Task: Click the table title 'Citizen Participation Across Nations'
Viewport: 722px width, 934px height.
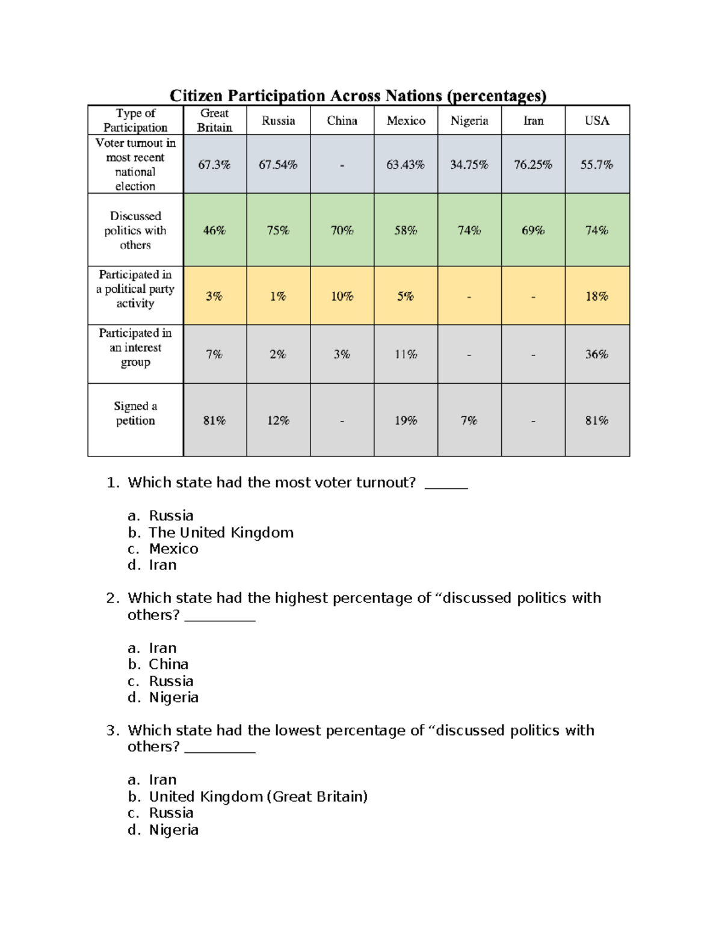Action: pos(357,96)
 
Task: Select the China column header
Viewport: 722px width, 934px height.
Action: pos(342,120)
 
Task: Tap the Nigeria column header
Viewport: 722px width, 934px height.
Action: pos(469,120)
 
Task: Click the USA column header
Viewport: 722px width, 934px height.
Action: pos(597,120)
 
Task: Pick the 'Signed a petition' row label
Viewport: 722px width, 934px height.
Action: pos(135,413)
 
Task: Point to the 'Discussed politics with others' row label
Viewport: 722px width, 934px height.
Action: pos(135,230)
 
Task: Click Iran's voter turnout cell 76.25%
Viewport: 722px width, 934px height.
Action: pos(532,164)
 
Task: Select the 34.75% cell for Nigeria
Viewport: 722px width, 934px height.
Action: pos(469,164)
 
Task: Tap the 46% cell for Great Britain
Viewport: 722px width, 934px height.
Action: pos(214,230)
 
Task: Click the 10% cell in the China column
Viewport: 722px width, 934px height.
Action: pos(342,296)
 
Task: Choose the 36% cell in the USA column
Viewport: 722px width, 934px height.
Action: pos(597,354)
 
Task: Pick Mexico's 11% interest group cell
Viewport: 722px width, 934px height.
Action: pos(406,354)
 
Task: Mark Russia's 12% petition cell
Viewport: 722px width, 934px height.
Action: pos(278,420)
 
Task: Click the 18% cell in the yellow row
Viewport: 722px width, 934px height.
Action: pos(597,296)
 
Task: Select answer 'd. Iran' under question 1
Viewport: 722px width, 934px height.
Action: pos(162,565)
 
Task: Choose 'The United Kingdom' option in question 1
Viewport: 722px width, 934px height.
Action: pos(221,533)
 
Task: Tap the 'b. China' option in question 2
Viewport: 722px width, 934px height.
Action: pos(168,665)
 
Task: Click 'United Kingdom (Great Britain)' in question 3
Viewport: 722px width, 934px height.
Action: pos(258,797)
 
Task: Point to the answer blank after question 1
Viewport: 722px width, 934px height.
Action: pos(446,485)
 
